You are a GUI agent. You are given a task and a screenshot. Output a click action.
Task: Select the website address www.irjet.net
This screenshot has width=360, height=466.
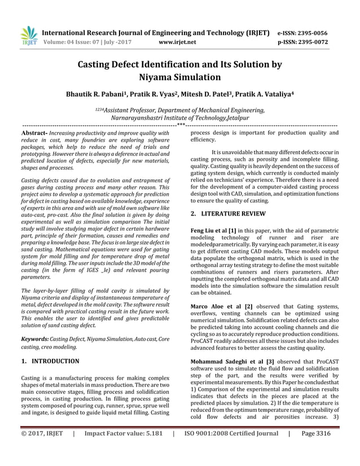click(178, 42)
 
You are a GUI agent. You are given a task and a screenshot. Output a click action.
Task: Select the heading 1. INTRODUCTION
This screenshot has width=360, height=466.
click(50, 361)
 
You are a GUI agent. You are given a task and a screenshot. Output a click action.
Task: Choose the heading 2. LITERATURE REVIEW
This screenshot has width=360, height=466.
click(227, 214)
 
